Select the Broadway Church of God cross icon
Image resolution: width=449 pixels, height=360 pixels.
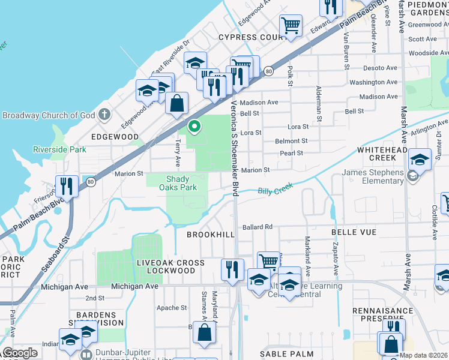[104, 114]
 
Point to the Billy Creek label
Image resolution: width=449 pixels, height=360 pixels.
[275, 190]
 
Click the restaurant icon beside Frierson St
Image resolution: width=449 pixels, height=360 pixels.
[66, 186]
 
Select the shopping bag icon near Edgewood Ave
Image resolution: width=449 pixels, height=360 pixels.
[178, 103]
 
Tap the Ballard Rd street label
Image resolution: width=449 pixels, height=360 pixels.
[258, 227]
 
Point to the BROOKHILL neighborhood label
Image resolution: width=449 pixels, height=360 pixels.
[210, 235]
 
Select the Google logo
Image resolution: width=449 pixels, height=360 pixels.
[20, 353]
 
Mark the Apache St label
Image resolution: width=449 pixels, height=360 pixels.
[172, 308]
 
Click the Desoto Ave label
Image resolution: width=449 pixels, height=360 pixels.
[381, 68]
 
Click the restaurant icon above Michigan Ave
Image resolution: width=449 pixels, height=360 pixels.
[232, 269]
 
